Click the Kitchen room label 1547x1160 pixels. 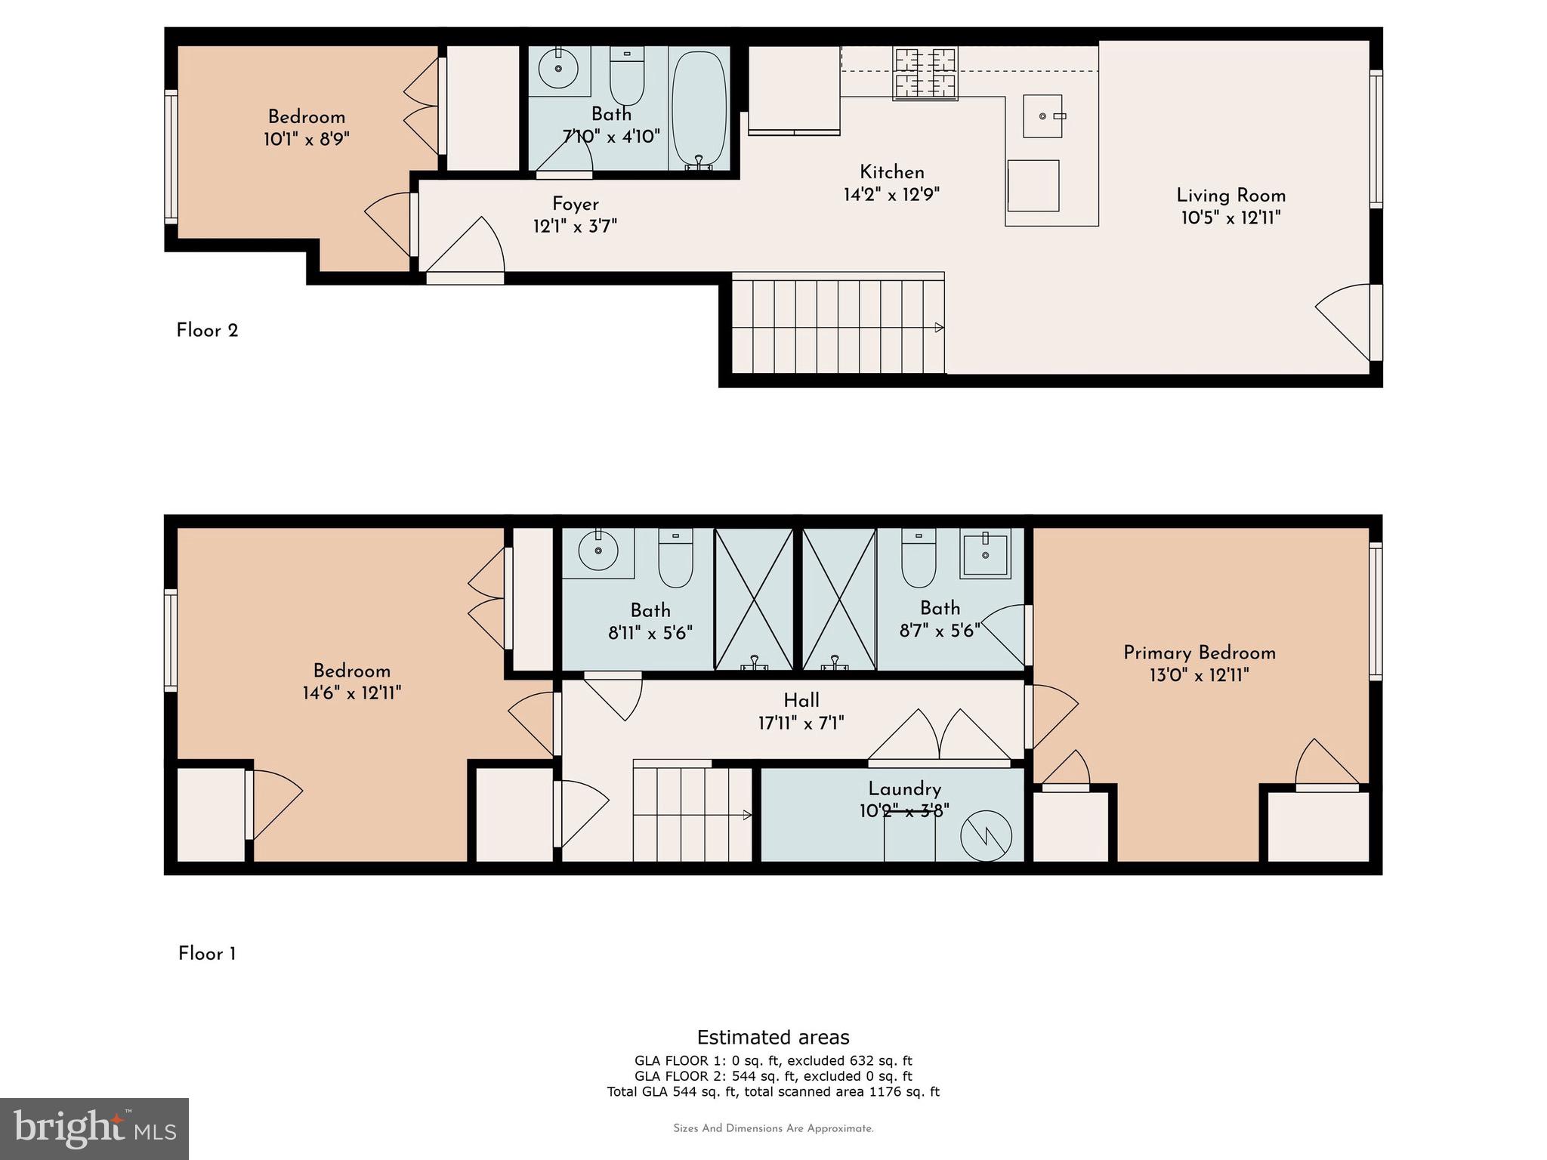tap(891, 172)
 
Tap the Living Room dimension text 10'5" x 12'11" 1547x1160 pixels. tap(1230, 218)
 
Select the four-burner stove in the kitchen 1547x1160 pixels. tap(925, 73)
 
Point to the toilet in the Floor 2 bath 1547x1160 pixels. tap(626, 78)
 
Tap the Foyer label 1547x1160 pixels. tap(575, 204)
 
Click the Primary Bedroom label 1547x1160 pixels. tap(1199, 653)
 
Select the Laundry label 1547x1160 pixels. tap(904, 789)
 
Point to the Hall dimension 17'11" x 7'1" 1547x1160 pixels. tap(801, 723)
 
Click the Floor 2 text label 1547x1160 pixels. tap(207, 331)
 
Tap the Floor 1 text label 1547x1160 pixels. tap(207, 954)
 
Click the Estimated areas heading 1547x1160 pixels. tap(773, 1037)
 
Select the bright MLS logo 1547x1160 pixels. tap(94, 1129)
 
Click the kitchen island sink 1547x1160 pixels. tap(1042, 116)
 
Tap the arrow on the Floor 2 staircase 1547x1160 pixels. tap(939, 327)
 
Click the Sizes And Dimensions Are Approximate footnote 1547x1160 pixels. tap(773, 1128)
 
